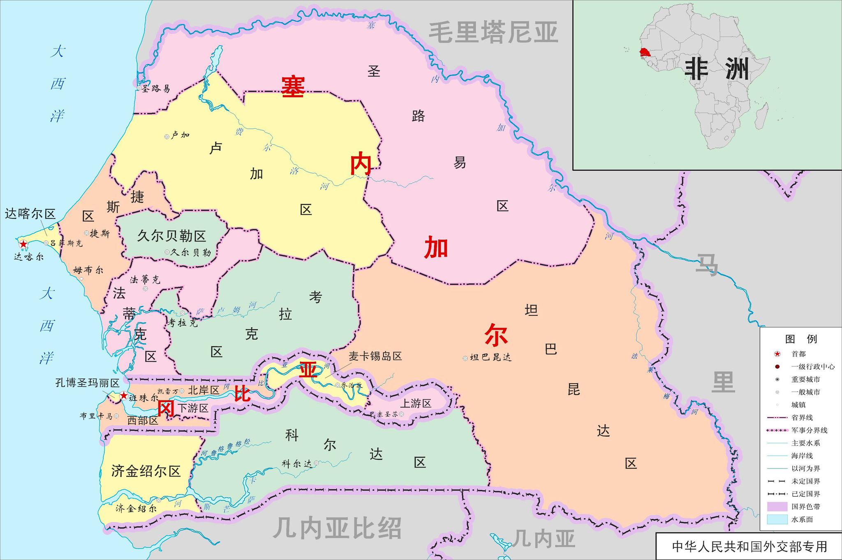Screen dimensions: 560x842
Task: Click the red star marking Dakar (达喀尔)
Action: tap(23, 244)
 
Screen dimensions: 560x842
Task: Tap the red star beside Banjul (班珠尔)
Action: tap(123, 396)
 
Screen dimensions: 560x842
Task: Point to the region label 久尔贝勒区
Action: tap(171, 236)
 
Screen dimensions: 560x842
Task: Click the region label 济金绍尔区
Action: tap(146, 471)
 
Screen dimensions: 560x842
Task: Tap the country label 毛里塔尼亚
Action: tap(493, 33)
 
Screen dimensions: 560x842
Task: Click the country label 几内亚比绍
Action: tap(337, 528)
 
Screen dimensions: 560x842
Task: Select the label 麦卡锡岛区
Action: tap(375, 356)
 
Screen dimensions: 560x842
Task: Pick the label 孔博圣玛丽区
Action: tap(88, 383)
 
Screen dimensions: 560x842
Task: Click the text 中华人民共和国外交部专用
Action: tap(749, 546)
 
